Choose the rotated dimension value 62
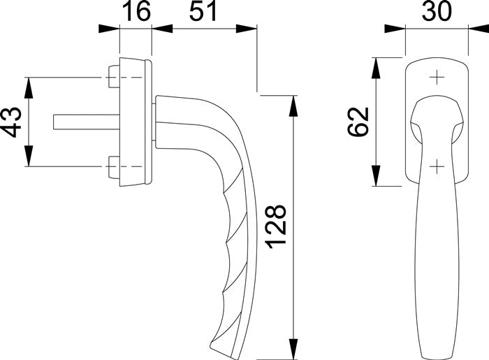358,122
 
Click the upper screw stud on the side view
114,76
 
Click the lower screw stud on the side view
114,167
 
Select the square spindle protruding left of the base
87,122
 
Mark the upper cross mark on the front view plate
437,77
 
